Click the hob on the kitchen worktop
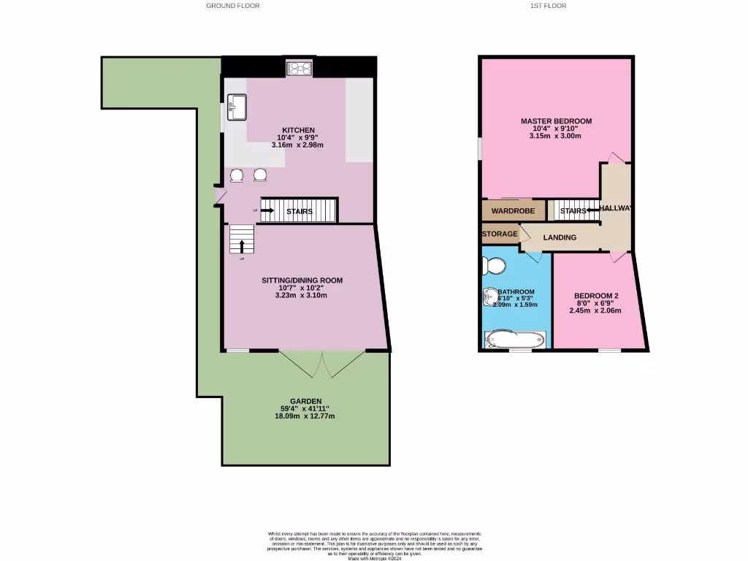tap(300, 69)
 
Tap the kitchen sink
tap(237, 107)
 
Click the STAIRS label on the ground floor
tap(299, 212)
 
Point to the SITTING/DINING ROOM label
tap(302, 280)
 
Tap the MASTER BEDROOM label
tap(556, 121)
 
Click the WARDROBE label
tap(513, 211)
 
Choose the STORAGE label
tap(500, 234)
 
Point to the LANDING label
tap(560, 237)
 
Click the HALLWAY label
tap(616, 208)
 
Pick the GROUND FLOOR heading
tap(232, 5)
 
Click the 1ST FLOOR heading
tap(547, 5)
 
